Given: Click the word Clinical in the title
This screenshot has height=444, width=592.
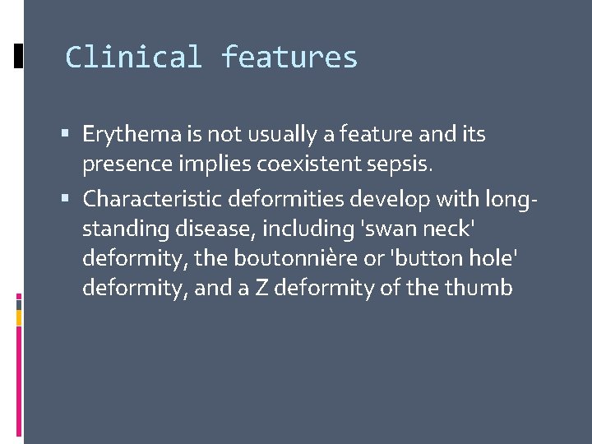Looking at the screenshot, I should [133, 58].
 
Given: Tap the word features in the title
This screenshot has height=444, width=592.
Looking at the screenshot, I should [289, 58].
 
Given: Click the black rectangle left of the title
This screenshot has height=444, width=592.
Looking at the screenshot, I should [18, 56].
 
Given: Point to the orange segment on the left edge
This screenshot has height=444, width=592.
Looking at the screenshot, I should [18, 317].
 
